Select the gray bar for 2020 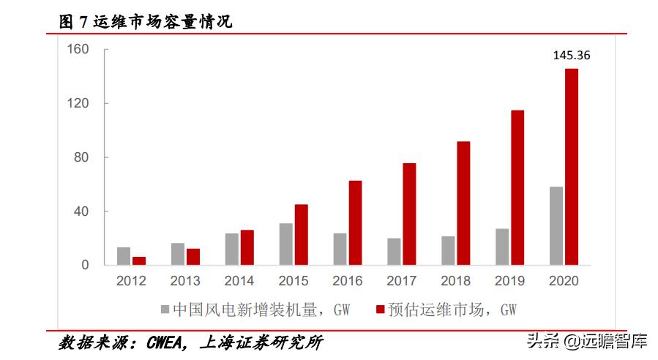pos(556,226)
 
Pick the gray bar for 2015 pos(285,244)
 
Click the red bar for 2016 pos(355,222)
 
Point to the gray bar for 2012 pos(124,256)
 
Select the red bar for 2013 pos(193,257)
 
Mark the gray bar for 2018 pos(448,250)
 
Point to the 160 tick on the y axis pos(78,49)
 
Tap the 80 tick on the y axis pos(81,157)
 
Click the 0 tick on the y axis pos(85,266)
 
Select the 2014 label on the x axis pos(239,281)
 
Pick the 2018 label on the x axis pos(455,281)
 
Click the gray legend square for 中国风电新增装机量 pos(165,310)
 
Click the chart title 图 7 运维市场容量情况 pos(146,23)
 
